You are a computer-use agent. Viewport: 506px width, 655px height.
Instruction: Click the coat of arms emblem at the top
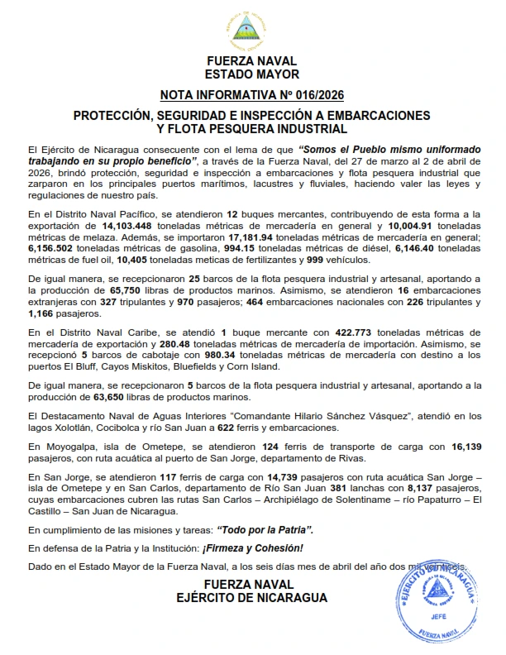click(251, 30)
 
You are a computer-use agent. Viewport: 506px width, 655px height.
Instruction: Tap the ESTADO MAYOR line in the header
click(251, 74)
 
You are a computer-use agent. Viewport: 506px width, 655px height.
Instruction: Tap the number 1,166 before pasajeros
click(43, 314)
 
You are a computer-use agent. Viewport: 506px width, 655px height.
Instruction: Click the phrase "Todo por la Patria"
click(265, 528)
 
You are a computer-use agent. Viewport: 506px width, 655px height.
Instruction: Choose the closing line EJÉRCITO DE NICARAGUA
click(251, 598)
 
